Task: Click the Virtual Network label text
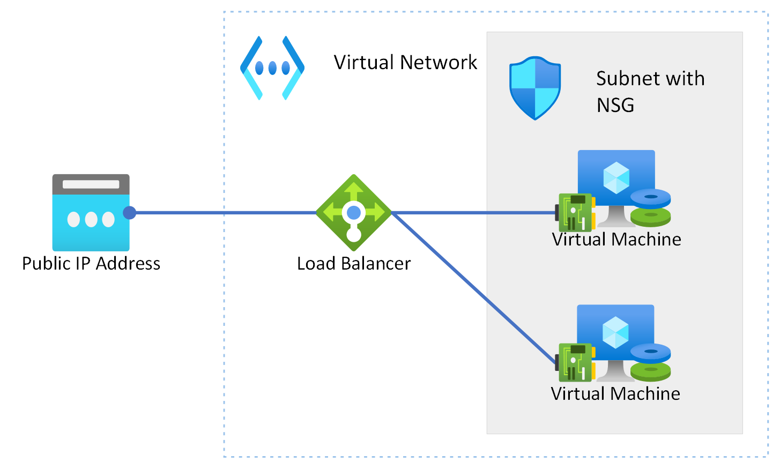click(405, 63)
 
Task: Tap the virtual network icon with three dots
click(272, 68)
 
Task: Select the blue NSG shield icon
click(534, 88)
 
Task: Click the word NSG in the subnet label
click(615, 105)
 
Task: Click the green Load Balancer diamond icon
click(353, 212)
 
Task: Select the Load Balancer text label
click(354, 264)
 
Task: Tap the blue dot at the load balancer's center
click(354, 213)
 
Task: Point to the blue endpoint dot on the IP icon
click(129, 213)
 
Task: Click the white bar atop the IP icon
click(91, 184)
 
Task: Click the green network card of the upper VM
click(576, 212)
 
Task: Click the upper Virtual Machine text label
click(616, 239)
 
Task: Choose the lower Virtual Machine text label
click(615, 394)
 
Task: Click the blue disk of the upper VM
click(650, 198)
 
